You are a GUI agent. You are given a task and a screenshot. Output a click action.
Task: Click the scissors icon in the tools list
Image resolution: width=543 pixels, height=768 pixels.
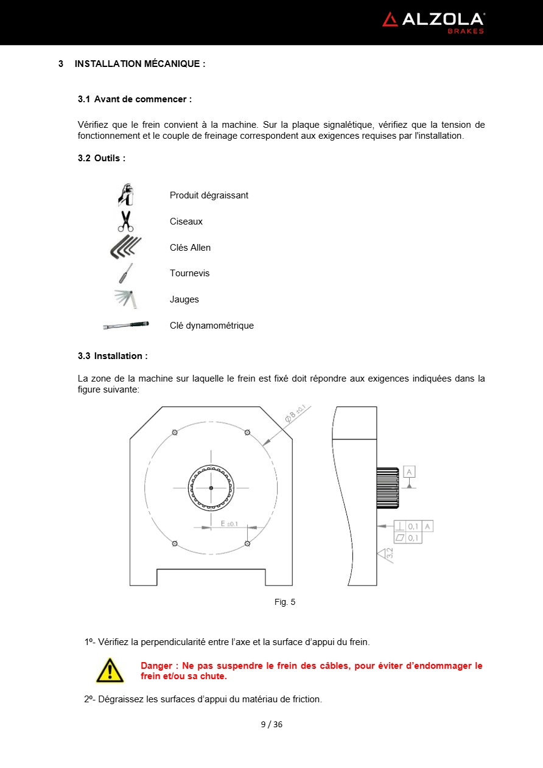click(125, 221)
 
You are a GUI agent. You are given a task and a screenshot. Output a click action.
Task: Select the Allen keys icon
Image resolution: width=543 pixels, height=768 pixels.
click(125, 247)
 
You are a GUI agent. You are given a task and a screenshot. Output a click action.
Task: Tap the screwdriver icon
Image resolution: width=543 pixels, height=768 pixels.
click(125, 273)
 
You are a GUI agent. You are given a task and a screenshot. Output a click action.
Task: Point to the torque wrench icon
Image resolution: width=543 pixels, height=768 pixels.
click(126, 326)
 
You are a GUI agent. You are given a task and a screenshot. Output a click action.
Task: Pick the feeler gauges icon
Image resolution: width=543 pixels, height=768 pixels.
click(126, 299)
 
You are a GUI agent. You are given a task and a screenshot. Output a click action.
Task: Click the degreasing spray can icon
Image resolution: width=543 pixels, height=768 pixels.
click(125, 195)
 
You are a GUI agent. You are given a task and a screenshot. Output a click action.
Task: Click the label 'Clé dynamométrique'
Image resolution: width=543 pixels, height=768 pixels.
click(211, 326)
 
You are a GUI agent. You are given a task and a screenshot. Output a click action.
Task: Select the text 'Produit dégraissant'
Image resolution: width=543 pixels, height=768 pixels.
click(209, 195)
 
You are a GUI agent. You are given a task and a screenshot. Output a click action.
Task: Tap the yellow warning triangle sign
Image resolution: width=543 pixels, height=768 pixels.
click(110, 671)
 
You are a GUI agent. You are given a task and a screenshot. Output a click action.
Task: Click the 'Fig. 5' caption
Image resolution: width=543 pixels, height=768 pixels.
click(285, 602)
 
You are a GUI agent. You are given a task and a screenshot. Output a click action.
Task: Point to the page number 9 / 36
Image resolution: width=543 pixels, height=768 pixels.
click(271, 724)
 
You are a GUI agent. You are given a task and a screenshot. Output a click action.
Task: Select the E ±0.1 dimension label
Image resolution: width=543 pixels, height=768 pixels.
click(229, 523)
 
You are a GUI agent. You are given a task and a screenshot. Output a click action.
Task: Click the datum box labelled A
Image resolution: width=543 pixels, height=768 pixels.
click(410, 472)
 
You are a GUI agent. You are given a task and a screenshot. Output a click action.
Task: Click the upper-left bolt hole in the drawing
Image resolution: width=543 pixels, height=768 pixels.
click(175, 432)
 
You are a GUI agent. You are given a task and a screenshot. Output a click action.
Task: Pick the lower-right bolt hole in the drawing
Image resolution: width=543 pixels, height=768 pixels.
click(247, 543)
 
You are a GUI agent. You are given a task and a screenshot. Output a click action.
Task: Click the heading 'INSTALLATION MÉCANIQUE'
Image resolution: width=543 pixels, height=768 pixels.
click(139, 64)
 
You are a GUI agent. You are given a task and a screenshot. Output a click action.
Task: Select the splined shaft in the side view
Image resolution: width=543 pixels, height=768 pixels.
click(388, 488)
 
